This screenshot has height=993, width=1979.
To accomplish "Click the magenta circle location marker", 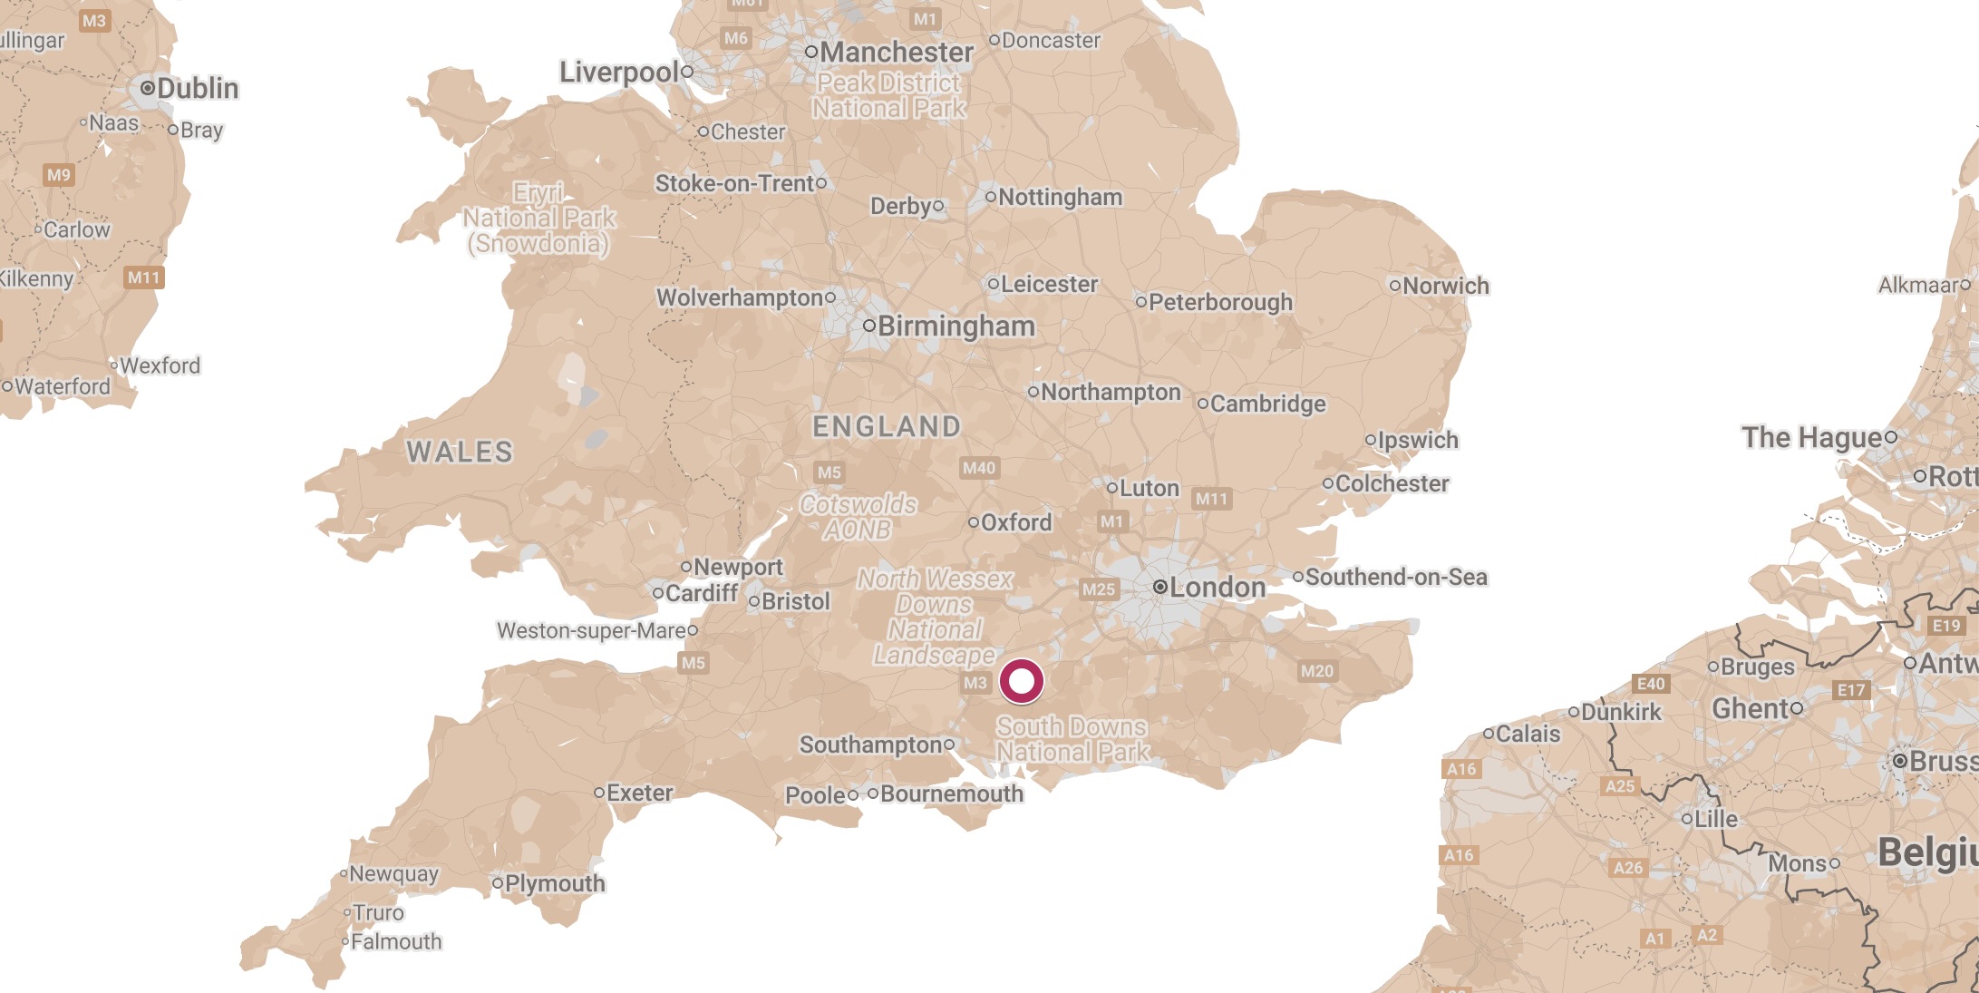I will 1022,681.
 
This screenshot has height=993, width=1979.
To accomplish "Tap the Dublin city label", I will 197,88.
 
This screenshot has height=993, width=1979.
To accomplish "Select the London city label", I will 1217,588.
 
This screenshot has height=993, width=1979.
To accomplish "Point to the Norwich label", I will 1445,286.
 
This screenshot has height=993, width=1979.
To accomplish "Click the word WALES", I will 459,452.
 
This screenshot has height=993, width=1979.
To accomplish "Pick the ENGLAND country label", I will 886,426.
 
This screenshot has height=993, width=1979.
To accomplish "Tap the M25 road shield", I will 1099,589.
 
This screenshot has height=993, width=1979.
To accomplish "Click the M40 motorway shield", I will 978,468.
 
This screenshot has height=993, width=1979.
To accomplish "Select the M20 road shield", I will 1316,671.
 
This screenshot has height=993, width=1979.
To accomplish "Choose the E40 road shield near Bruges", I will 1650,684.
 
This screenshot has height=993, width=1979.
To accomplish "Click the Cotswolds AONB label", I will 858,517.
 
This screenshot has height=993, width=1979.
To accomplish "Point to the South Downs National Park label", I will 1072,739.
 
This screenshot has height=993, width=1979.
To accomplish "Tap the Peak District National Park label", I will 888,95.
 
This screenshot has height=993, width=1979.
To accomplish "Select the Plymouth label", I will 554,883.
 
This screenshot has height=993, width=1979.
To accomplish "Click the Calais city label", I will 1528,734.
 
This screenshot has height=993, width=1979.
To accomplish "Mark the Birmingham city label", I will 956,326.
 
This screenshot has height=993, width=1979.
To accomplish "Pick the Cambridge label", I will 1266,404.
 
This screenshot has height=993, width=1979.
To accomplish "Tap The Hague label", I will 1811,437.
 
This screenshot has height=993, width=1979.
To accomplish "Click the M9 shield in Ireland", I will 58,175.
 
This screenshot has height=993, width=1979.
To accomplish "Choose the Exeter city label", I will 639,793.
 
